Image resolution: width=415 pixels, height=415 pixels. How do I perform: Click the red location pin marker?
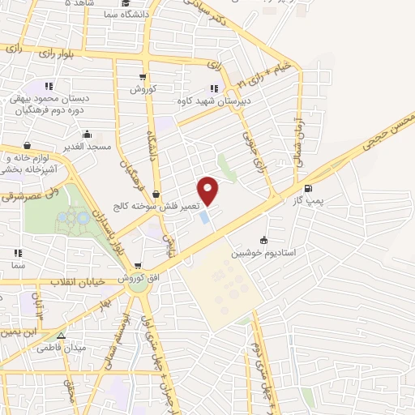(x=209, y=190)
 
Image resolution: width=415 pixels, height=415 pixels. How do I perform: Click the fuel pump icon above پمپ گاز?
(x=306, y=188)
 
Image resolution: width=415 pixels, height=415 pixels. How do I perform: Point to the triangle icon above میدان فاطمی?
(x=61, y=334)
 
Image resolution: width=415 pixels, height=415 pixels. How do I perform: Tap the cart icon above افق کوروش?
(x=139, y=266)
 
